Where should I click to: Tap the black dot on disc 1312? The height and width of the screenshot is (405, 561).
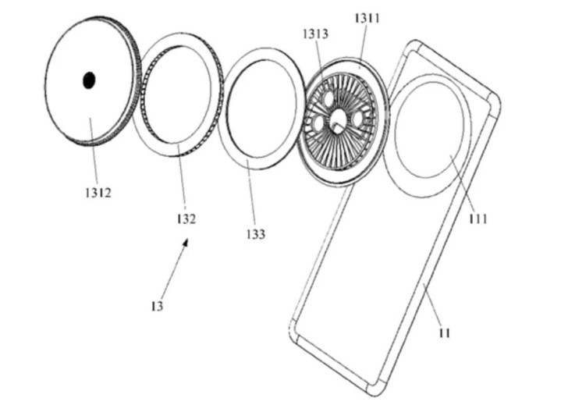click(89, 79)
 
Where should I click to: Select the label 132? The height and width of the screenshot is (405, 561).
click(185, 219)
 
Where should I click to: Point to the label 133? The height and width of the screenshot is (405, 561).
click(254, 233)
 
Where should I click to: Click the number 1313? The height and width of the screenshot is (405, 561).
click(315, 34)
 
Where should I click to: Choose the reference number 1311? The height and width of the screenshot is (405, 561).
click(367, 18)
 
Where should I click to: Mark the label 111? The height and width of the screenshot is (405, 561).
click(478, 219)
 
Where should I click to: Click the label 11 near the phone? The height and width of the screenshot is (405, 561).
click(445, 332)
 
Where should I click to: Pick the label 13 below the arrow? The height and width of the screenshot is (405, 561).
click(157, 307)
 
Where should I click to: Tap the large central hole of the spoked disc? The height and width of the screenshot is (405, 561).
click(338, 119)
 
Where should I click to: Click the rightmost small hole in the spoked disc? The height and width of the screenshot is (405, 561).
click(359, 118)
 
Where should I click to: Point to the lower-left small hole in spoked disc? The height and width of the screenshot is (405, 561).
click(318, 123)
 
